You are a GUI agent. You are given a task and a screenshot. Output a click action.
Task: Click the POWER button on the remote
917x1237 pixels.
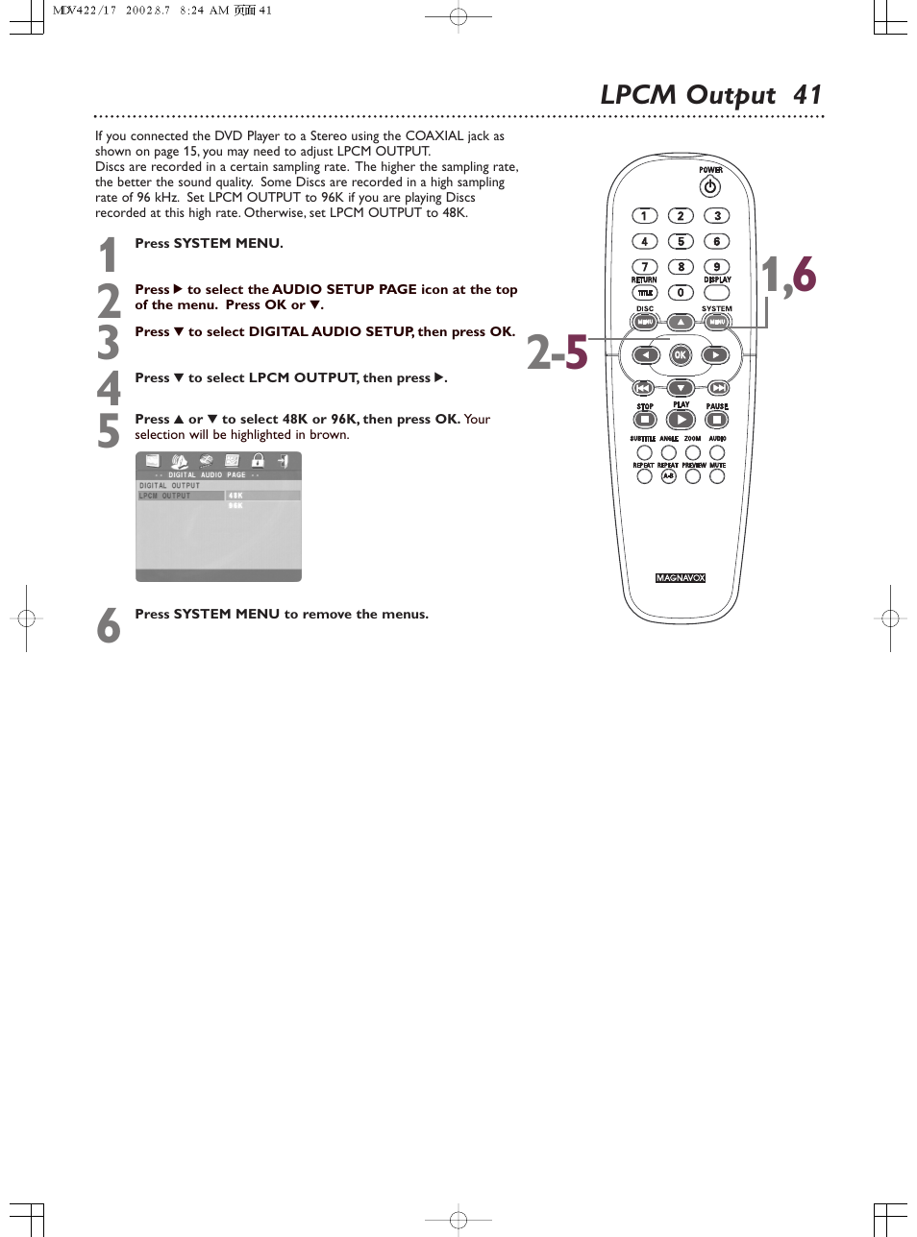710,186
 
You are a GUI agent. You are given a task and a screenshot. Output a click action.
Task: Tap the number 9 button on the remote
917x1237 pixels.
717,267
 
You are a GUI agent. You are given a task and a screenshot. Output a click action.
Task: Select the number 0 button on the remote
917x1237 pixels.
681,293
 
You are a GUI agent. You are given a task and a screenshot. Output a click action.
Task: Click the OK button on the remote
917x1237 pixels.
681,355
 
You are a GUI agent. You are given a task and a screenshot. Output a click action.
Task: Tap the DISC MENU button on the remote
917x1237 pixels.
645,323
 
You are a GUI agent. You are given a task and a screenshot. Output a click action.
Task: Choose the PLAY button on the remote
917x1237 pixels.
681,420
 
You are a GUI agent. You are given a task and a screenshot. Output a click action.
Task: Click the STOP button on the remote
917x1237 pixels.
645,420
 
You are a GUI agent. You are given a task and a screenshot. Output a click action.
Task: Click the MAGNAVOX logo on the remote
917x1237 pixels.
681,578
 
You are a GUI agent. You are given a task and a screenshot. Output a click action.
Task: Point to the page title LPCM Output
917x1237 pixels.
687,95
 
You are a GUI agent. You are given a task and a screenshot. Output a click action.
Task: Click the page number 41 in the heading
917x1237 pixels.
807,95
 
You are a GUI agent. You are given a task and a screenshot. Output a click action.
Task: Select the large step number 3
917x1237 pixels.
109,343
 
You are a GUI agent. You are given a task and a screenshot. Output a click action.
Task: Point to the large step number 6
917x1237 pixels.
109,626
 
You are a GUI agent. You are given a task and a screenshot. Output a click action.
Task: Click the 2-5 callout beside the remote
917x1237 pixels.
557,352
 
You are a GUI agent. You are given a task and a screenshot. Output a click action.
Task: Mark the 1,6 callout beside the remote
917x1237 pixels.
788,276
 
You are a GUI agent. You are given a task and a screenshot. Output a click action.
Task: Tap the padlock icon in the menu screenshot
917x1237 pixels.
258,461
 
